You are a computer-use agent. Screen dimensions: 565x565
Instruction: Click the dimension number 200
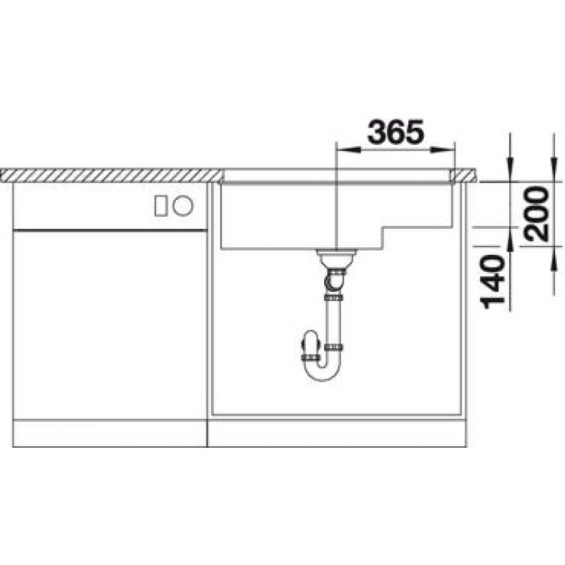539,214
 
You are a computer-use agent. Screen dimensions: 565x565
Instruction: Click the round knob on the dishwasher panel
183,206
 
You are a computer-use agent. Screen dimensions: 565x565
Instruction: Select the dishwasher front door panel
109,325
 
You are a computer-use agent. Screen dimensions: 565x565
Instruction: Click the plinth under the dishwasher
109,434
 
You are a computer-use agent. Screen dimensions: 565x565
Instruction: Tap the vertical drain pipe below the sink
334,321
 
